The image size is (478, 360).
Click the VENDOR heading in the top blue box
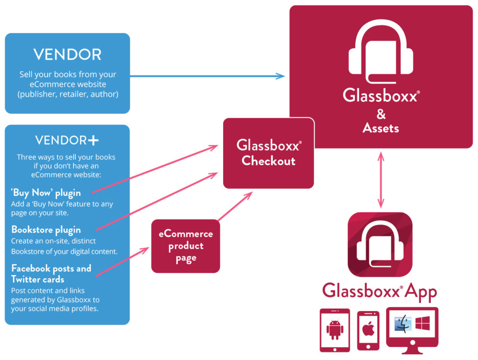pos(67,55)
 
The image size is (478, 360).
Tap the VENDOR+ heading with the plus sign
pos(67,140)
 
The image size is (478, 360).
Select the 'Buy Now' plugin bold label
pos(46,192)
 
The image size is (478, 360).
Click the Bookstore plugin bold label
pos(46,230)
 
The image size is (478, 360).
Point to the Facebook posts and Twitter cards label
pos(51,274)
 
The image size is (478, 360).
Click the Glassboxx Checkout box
pos(268,153)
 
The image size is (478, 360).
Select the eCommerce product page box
pos(186,246)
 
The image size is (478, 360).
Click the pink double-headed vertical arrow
pos(381,179)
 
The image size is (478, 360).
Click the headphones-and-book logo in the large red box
pos(381,51)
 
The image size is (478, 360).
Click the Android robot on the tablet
pos(334,329)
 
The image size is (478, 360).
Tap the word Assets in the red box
pos(381,128)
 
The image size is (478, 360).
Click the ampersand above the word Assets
pos(381,114)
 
